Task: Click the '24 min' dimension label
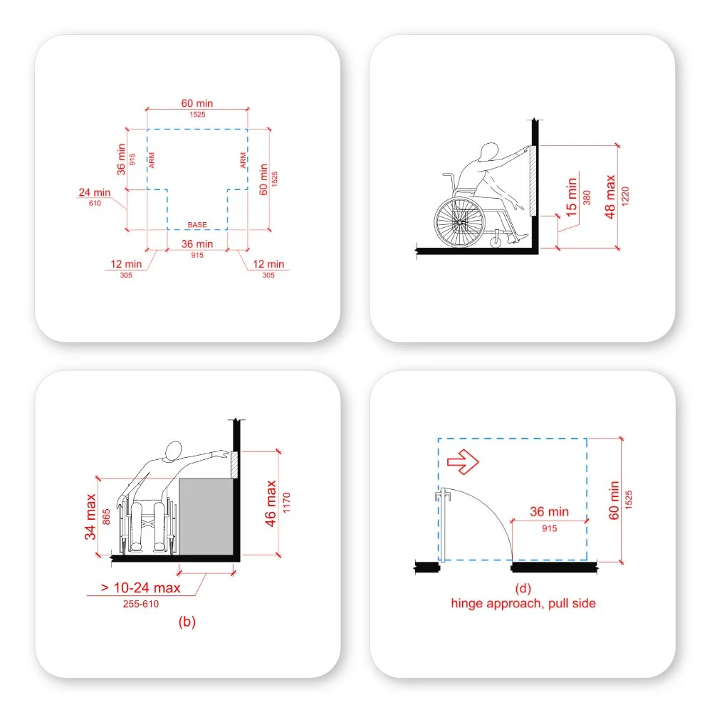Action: point(94,192)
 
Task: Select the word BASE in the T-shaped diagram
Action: point(197,225)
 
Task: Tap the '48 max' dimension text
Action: point(610,196)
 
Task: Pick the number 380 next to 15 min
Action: point(587,197)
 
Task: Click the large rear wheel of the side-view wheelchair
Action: point(459,222)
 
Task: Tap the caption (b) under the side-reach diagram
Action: point(187,622)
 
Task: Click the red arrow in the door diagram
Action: point(462,464)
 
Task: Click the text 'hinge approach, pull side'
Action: point(523,603)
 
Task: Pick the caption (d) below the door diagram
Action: point(523,588)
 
